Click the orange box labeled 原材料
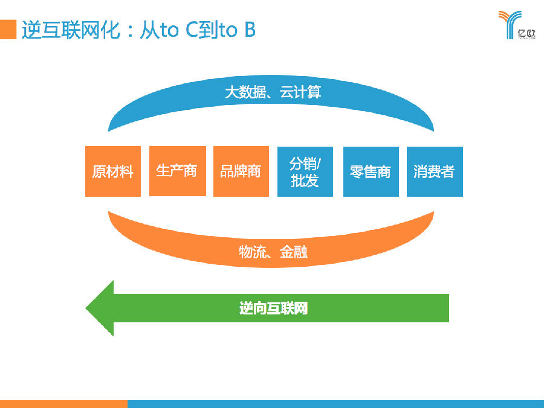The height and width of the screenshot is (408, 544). click(113, 171)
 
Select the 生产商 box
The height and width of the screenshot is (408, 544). click(177, 171)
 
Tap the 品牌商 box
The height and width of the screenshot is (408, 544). click(241, 171)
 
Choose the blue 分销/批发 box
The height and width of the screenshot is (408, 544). click(305, 171)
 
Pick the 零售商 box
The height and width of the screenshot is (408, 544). click(371, 171)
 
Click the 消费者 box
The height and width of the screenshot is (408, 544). click(435, 171)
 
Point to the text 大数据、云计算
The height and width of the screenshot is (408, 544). click(273, 92)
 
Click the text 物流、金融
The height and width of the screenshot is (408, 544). click(273, 252)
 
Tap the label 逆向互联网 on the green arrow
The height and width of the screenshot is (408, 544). click(273, 308)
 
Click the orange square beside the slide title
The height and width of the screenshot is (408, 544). click(8, 29)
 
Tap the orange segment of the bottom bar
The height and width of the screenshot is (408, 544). click(63, 403)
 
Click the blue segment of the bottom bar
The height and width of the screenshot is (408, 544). click(335, 403)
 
